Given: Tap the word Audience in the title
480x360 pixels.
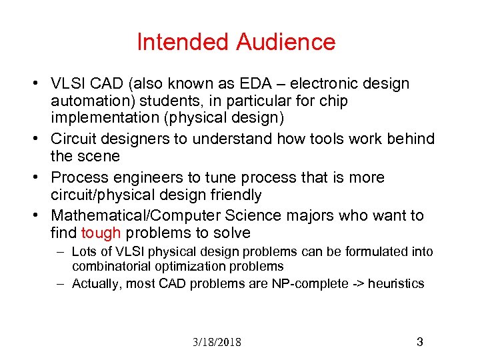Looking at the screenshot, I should click(x=285, y=42).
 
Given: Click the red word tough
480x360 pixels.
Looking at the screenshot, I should click(x=101, y=233).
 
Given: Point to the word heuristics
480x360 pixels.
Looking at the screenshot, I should click(x=396, y=283).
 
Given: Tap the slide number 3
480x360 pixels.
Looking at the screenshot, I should click(x=419, y=342).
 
